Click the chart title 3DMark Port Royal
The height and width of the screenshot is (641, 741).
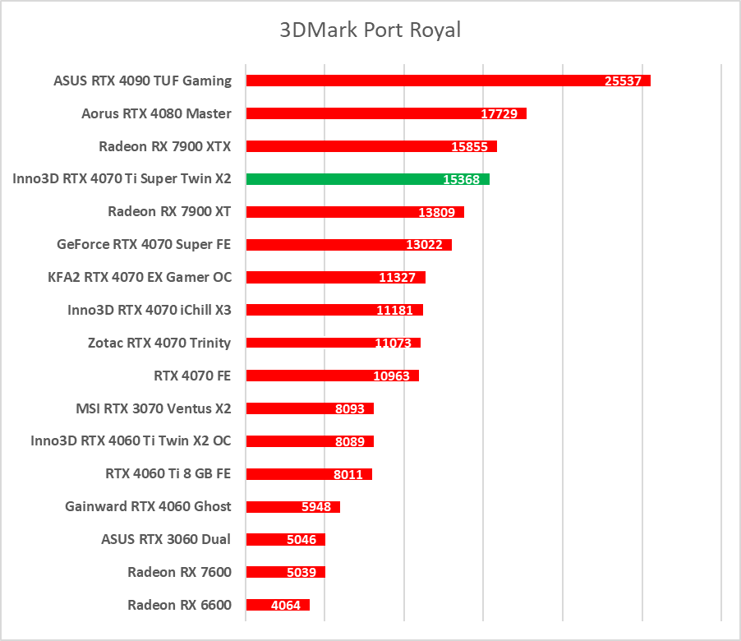click(x=370, y=30)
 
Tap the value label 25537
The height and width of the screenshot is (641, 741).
click(x=624, y=81)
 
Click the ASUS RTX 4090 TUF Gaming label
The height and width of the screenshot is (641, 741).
click(x=142, y=81)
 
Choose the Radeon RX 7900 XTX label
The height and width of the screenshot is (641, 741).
click(x=164, y=146)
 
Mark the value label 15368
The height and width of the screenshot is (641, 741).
click(x=462, y=180)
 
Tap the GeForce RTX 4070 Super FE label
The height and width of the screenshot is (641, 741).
click(x=144, y=244)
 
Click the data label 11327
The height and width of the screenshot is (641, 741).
click(x=398, y=278)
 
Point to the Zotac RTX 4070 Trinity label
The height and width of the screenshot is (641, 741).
click(x=159, y=343)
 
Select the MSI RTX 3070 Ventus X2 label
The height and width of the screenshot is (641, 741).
click(x=153, y=408)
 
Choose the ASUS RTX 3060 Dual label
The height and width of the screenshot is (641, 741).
click(x=166, y=539)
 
